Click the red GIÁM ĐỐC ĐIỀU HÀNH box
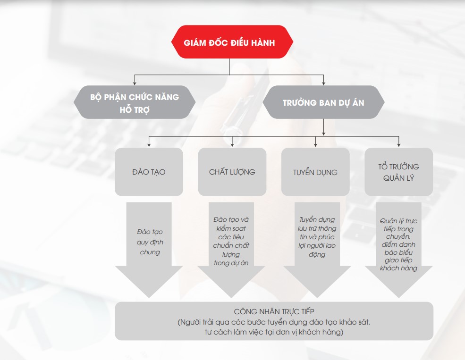click(232, 42)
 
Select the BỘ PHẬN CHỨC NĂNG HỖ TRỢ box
click(135, 102)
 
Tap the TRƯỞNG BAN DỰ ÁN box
click(323, 102)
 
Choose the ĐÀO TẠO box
click(149, 172)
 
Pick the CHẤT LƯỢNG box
click(232, 172)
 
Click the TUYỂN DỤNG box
click(315, 172)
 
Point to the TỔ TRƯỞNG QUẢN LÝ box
click(398, 172)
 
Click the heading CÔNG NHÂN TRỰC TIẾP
click(274, 311)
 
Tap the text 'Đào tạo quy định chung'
click(150, 242)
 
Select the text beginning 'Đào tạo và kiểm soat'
click(231, 241)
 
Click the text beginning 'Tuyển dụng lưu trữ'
click(317, 237)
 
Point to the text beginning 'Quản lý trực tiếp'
click(398, 244)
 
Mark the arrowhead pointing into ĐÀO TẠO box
click(149, 144)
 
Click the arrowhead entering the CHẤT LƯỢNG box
click(232, 144)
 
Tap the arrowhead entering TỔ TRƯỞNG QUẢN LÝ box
click(398, 144)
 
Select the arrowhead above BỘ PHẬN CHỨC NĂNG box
click(135, 83)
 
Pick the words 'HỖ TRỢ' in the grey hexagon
click(135, 109)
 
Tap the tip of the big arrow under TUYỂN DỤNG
click(317, 298)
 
